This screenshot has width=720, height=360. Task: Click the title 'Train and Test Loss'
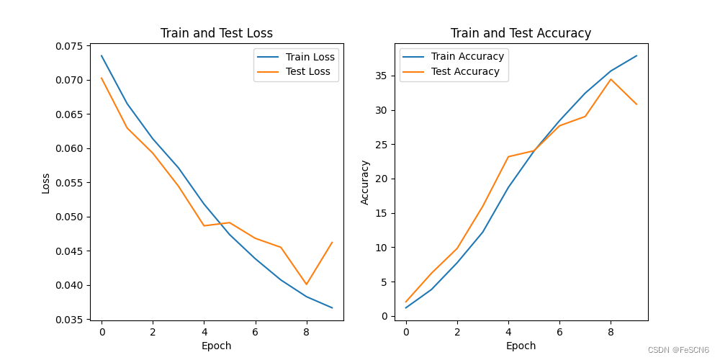coord(216,34)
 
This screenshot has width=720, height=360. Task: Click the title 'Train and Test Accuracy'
coord(521,34)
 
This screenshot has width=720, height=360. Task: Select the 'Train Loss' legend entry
coord(296,58)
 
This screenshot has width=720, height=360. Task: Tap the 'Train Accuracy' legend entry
coord(454,56)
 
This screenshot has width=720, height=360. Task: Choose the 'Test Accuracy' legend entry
coord(451,71)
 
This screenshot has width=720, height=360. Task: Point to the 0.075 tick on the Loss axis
coord(73,46)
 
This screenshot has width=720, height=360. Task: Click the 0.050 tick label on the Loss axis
coord(73,217)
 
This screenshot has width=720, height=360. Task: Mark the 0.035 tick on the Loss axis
coord(73,320)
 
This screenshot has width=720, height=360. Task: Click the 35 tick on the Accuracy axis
coord(384,76)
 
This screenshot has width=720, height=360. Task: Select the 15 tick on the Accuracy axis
coord(384,214)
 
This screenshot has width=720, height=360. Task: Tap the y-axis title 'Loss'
coord(46,183)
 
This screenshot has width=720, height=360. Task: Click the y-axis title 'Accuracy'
coord(365,182)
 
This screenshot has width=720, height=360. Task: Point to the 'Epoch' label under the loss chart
coord(216,346)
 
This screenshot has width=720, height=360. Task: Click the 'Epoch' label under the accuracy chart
coord(521,346)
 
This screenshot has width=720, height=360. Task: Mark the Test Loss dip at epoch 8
coord(306,284)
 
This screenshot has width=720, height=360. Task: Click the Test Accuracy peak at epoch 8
coord(611,79)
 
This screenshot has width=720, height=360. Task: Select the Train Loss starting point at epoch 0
coord(102,55)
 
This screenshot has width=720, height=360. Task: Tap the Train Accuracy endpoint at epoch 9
coord(636,55)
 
